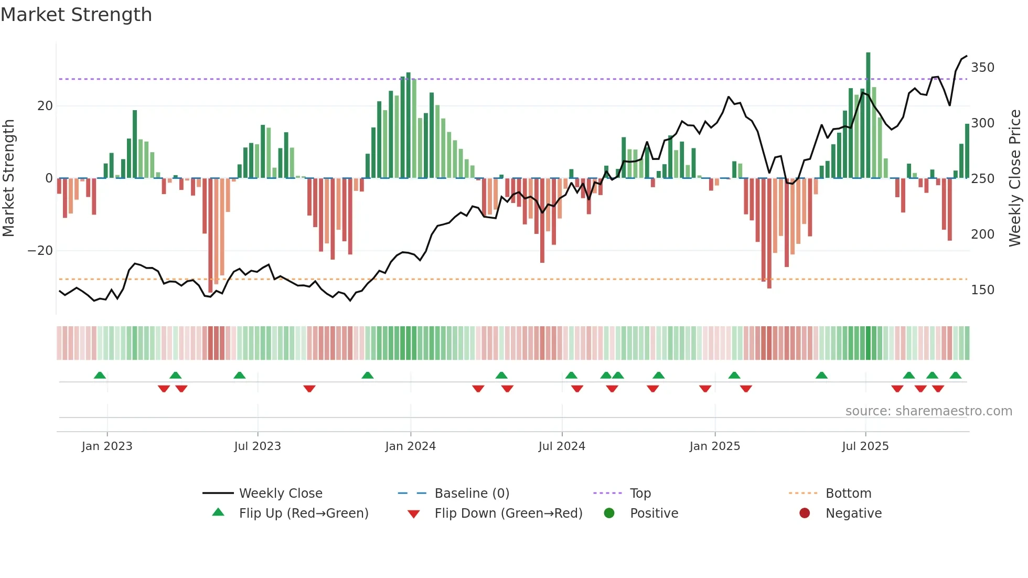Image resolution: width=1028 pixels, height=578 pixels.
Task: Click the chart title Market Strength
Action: click(76, 15)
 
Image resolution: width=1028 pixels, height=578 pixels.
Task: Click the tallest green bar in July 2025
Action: click(868, 115)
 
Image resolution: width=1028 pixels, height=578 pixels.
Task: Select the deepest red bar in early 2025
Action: click(769, 233)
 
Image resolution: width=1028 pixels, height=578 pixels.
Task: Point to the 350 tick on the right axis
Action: click(982, 68)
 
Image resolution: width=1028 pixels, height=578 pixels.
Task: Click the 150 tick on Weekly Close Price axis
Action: click(982, 290)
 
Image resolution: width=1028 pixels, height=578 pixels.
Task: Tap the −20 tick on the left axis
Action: click(40, 251)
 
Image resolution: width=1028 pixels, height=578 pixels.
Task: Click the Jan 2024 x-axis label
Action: click(410, 446)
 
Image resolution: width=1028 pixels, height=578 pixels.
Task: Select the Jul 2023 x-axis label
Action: click(258, 446)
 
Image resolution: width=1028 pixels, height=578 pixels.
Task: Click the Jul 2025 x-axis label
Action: click(865, 446)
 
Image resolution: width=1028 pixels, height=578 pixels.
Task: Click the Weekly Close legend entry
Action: click(280, 494)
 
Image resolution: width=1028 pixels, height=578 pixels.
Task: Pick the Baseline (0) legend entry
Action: click(472, 494)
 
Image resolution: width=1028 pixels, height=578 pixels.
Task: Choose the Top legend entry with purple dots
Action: click(640, 494)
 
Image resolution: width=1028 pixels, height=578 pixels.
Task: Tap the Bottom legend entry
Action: click(848, 494)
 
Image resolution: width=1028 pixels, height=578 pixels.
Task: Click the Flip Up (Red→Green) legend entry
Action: click(303, 513)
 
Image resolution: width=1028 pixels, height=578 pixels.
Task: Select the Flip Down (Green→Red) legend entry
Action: click(508, 513)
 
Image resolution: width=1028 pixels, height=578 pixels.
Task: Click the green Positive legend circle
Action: click(609, 513)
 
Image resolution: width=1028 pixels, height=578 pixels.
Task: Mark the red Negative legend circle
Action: click(805, 513)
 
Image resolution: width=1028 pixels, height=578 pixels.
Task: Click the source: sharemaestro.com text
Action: click(928, 411)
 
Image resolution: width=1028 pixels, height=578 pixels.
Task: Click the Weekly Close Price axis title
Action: click(1015, 178)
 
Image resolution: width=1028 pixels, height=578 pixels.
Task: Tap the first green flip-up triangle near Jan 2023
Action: click(100, 375)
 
